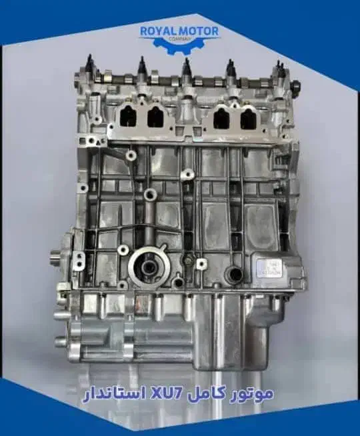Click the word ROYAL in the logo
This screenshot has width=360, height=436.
[155, 30]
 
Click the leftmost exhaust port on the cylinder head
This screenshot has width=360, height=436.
[127, 117]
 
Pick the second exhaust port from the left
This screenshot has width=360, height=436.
[155, 117]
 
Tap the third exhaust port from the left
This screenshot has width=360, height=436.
[220, 118]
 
